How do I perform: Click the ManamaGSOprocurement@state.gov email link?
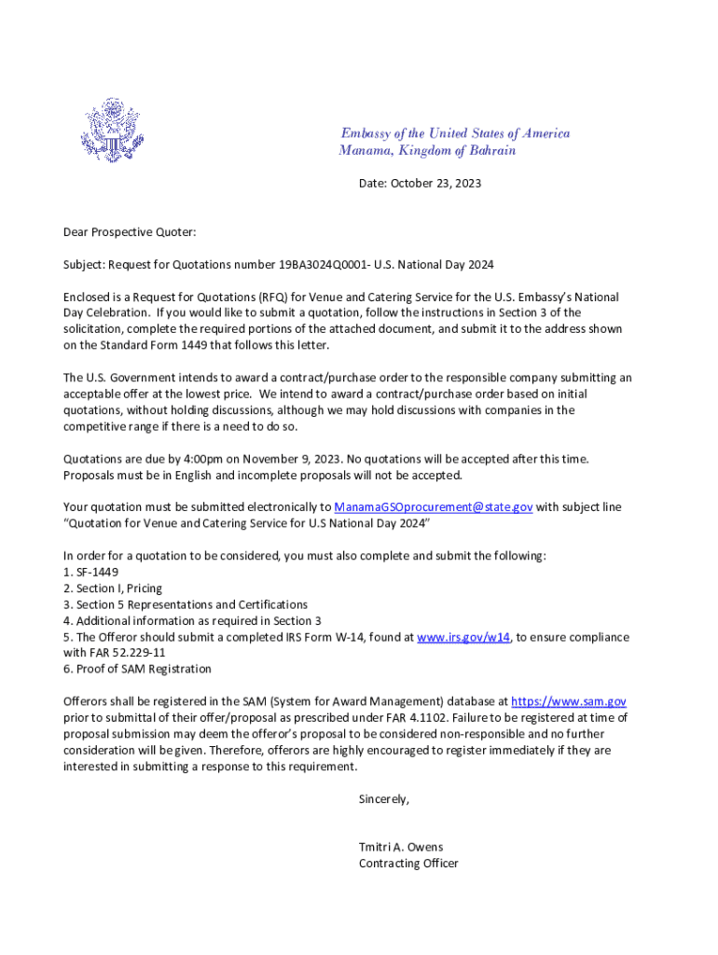[434, 507]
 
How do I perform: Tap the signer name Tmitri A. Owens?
[401, 847]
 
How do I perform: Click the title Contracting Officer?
[408, 864]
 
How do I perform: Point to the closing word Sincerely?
[383, 799]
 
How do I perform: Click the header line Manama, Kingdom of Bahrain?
[427, 151]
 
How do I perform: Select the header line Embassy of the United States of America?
[454, 133]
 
